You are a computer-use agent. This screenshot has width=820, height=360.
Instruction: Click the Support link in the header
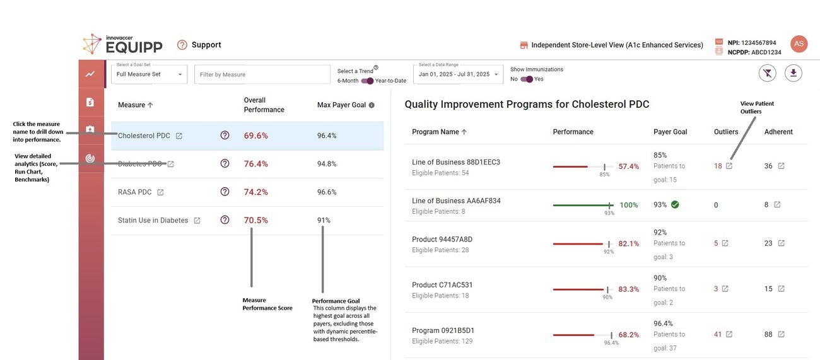(x=206, y=45)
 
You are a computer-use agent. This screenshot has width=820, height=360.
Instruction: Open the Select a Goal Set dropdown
(x=149, y=74)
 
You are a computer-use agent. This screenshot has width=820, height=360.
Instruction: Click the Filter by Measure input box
(x=262, y=74)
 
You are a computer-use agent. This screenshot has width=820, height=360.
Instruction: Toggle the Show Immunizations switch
(x=527, y=79)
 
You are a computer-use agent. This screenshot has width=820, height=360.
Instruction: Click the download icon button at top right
(x=793, y=74)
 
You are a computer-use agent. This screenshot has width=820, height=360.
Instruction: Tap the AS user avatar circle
(x=799, y=44)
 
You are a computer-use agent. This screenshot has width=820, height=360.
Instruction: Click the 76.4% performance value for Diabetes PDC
(x=255, y=164)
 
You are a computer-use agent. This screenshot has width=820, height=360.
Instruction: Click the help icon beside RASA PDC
(x=225, y=192)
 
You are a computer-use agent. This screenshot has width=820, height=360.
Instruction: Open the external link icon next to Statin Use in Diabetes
(x=197, y=221)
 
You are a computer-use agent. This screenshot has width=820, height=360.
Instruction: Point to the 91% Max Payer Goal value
(x=324, y=221)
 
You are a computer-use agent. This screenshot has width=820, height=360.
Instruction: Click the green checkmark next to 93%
(x=675, y=205)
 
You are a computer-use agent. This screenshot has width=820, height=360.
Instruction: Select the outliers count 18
(x=718, y=166)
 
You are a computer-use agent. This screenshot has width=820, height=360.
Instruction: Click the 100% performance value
(x=628, y=206)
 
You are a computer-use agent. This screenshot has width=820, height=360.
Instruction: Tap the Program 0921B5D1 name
(x=443, y=330)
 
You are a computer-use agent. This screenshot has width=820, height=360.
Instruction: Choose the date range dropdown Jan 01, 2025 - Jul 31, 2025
(x=457, y=74)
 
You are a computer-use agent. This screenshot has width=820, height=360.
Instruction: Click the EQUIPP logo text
(x=134, y=47)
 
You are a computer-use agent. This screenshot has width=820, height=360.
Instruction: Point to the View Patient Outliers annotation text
(x=757, y=108)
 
